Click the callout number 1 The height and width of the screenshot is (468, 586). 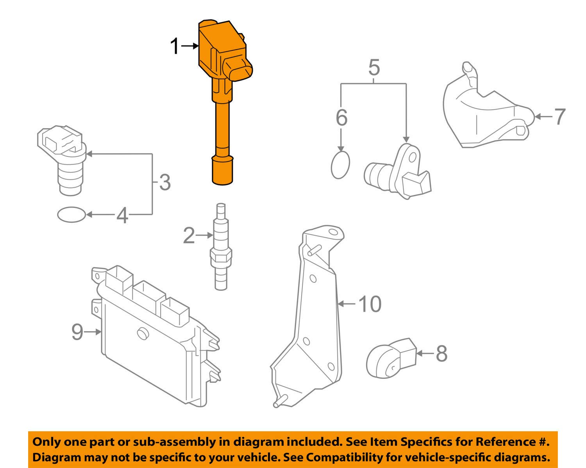175,47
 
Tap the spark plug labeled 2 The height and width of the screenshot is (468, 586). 221,247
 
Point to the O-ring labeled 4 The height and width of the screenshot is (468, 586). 71,215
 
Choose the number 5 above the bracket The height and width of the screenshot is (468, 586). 374,68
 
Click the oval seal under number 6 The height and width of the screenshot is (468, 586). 340,165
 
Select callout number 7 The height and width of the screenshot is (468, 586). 560,117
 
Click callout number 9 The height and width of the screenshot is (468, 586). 77,332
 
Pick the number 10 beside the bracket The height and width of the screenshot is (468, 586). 370,304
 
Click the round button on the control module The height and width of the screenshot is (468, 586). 142,334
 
